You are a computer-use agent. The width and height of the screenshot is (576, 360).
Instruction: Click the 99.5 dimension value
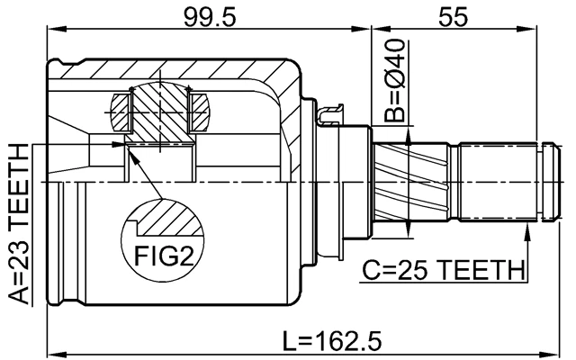tap(209, 16)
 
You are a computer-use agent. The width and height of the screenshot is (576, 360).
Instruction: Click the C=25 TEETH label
tap(443, 269)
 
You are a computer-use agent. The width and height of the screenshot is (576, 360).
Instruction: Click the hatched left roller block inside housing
tap(121, 112)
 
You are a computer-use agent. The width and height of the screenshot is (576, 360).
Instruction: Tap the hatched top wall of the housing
tap(180, 70)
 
